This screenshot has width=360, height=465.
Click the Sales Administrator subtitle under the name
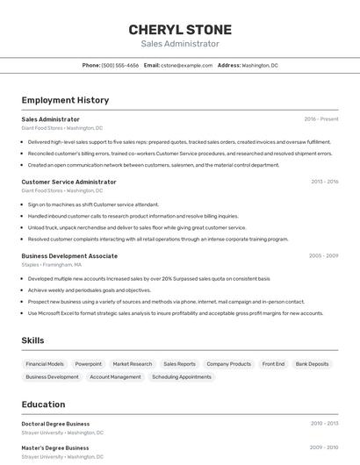(x=180, y=43)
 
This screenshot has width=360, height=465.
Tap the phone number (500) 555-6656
(x=120, y=65)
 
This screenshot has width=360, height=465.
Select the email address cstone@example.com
(x=191, y=65)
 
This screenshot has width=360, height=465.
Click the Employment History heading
(x=65, y=100)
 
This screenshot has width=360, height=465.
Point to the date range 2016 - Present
(x=321, y=118)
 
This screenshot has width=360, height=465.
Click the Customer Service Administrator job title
(x=68, y=182)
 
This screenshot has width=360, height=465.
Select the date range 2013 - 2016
(x=324, y=182)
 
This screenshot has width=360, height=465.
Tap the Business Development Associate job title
(x=69, y=256)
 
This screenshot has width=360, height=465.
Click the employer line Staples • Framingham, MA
(x=52, y=264)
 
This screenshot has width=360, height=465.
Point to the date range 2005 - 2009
(x=323, y=256)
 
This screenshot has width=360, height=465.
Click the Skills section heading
(x=33, y=340)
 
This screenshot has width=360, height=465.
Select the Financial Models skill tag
(x=45, y=363)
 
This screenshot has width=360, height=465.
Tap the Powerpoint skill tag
(x=89, y=363)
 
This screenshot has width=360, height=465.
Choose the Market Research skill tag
(x=133, y=363)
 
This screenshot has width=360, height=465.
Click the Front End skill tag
(x=273, y=363)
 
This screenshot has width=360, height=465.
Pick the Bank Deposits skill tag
(x=313, y=363)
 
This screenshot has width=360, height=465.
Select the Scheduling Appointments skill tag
(x=182, y=376)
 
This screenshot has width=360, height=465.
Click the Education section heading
(x=43, y=404)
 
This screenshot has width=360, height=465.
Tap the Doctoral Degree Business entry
(x=55, y=424)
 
